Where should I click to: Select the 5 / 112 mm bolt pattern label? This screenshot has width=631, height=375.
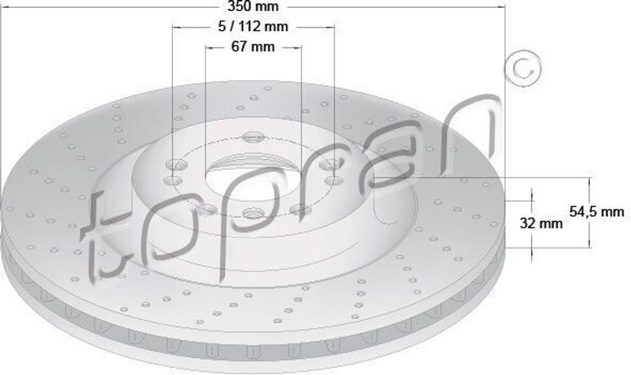pos(253,26)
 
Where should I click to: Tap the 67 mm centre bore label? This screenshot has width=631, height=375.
pos(253,47)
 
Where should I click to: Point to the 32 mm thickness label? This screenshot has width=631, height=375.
pos(541,223)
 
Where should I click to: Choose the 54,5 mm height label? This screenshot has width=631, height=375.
pos(596,211)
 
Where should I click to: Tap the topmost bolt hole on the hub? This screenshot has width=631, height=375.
pos(253,136)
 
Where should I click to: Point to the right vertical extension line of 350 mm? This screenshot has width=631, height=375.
pos(505,92)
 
